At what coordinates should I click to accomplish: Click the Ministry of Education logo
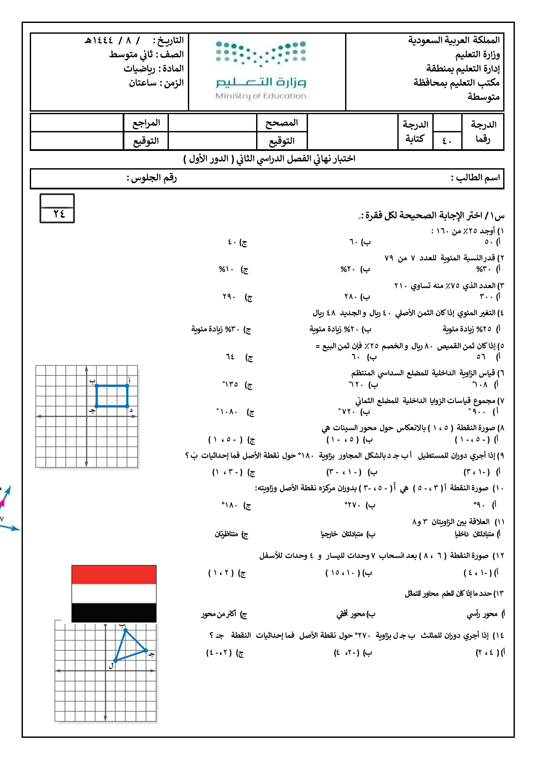pos(260,70)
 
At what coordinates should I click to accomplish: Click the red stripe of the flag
pos(114,574)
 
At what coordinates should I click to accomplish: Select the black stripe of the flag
pos(114,612)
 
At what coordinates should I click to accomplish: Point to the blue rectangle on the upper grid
pos(112,396)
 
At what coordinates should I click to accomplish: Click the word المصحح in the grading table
pos(282,123)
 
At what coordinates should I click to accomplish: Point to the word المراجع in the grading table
pos(146,123)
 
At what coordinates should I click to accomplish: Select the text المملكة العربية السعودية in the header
pos(454,40)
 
